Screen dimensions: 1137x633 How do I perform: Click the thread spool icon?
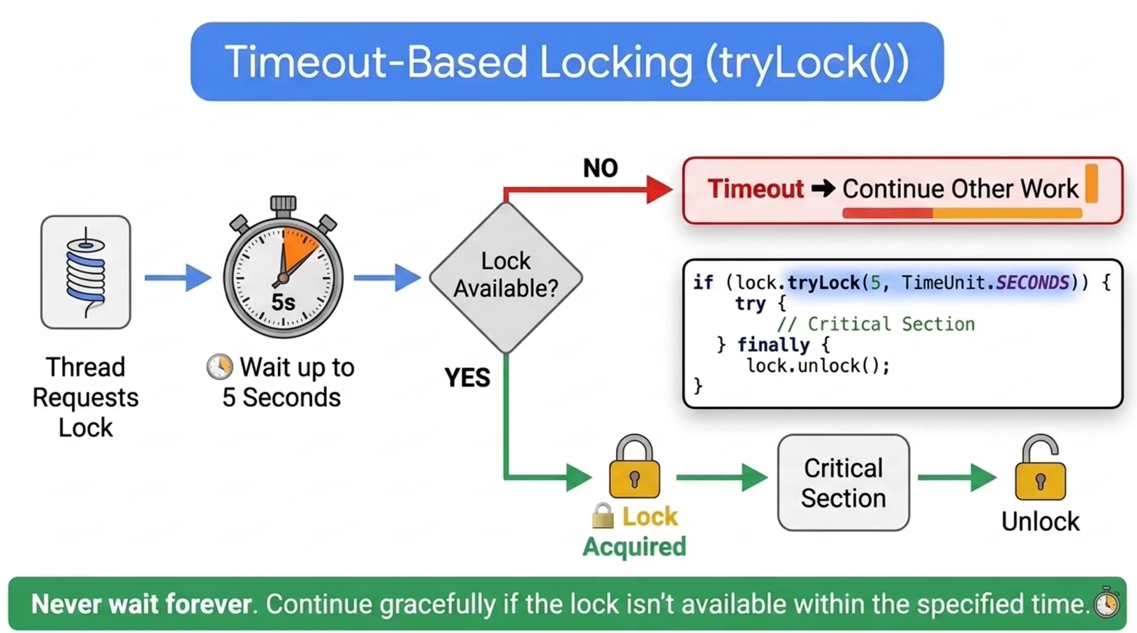86,272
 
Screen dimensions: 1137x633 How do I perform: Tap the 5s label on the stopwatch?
284,302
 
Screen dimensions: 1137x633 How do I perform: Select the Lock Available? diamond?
506,278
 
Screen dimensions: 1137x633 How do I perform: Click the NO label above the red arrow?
601,168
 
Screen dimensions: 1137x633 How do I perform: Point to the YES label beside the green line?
467,378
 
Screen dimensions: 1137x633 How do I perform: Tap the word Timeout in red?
756,188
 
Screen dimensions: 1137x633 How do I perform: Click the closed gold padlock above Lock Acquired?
634,466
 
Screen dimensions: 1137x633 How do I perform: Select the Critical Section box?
843,482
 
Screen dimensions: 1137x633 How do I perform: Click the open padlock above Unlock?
1040,467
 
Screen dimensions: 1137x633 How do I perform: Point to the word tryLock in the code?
823,283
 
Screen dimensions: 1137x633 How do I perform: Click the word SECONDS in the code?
1032,283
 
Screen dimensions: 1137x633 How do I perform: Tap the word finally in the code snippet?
773,345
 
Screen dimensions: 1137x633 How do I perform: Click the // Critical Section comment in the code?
876,324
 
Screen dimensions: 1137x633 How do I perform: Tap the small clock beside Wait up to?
220,366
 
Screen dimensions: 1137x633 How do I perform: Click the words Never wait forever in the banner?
141,604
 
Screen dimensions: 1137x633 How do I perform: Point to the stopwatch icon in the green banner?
1106,602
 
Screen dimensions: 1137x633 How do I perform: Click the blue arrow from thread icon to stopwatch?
178,278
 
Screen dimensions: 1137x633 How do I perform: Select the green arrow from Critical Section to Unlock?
958,477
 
